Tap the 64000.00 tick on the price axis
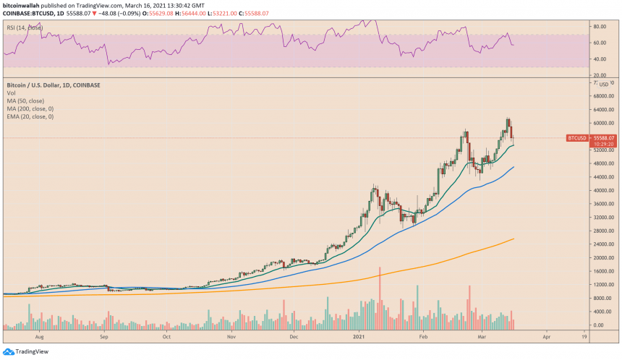coord(603,110)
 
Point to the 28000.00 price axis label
coord(603,231)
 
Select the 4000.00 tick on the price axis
coord(602,312)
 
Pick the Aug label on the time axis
coord(39,337)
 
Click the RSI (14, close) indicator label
coord(25,27)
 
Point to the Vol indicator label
coord(13,93)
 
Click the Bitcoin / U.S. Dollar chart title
coord(53,85)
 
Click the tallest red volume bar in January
coord(380,296)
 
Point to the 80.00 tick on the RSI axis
coord(599,26)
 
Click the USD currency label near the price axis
coord(604,85)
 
